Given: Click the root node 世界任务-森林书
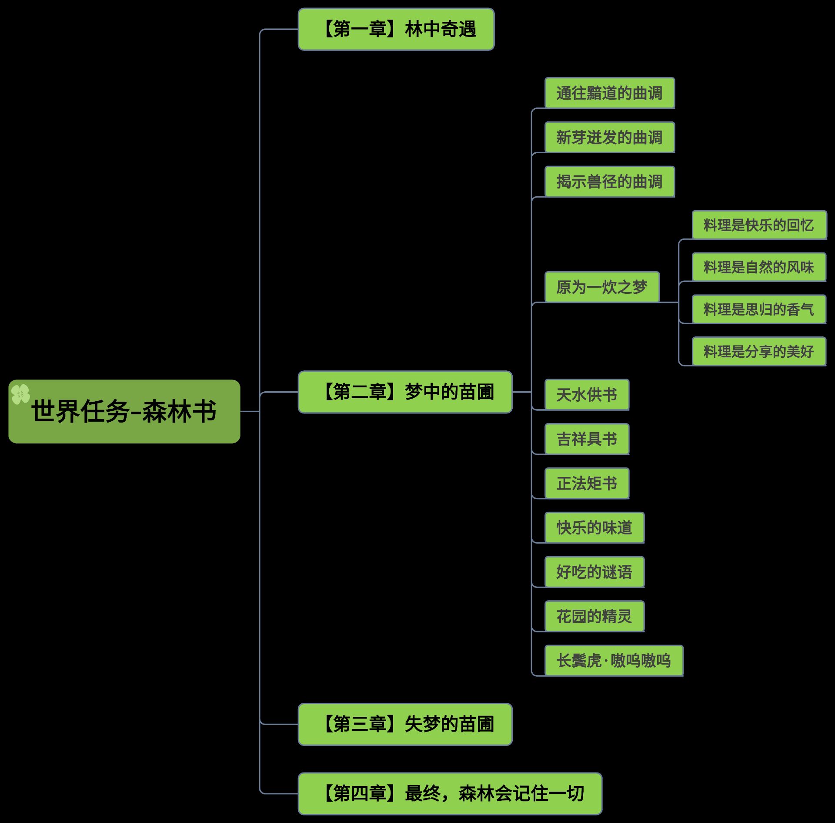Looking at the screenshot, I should (124, 411).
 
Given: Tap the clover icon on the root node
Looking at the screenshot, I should (20, 394).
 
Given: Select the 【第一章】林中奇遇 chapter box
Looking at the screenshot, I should (396, 29).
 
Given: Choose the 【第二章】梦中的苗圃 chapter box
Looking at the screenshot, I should (405, 392).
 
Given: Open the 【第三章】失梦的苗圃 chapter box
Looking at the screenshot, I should (405, 724).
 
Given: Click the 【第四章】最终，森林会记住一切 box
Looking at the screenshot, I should (450, 793).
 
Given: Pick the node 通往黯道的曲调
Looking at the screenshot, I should (609, 93).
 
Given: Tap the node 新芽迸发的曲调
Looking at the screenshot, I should (609, 137).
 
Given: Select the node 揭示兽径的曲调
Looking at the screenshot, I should (609, 181).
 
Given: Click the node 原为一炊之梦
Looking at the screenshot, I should (602, 287).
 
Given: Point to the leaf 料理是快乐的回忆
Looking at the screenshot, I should (759, 225).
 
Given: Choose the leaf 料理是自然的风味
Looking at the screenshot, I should (759, 267).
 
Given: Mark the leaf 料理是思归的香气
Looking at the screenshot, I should (759, 309).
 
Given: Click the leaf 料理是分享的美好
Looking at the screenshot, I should (759, 351).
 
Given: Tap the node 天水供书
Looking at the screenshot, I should (587, 395).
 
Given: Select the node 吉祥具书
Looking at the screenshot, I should (587, 439).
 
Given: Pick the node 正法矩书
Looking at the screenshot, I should (587, 483).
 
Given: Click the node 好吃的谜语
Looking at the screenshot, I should (594, 572).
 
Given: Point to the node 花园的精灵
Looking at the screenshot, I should (594, 616).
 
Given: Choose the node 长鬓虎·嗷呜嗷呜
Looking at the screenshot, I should (614, 661).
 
